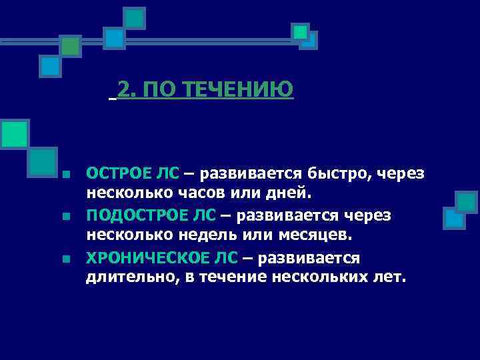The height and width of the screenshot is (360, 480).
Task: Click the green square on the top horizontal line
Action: (x=69, y=45)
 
